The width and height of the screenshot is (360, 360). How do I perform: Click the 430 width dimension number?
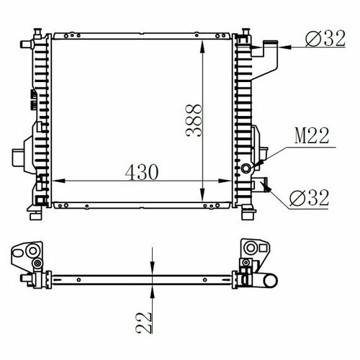point(142,172)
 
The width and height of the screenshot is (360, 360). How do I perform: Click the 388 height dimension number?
point(194,120)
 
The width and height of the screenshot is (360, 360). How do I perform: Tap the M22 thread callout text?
point(312,136)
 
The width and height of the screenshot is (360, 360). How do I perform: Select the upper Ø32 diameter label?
point(325,38)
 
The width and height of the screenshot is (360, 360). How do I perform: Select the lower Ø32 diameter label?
point(309,198)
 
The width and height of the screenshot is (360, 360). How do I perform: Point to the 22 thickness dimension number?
point(144,323)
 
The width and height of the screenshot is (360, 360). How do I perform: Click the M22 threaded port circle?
point(246,168)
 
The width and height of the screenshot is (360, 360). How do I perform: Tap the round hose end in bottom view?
point(271,281)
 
